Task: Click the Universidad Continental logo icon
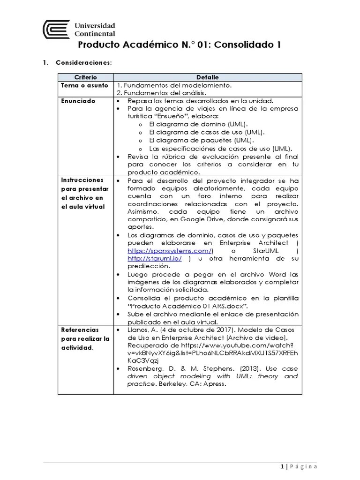click(x=56, y=29)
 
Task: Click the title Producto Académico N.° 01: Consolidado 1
click(x=180, y=45)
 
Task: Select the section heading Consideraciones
click(x=84, y=63)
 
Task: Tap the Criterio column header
click(x=85, y=77)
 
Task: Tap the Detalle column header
click(x=207, y=77)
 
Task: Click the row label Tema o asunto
click(x=84, y=85)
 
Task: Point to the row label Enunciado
click(x=78, y=101)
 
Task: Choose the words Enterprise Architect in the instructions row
click(x=255, y=243)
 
